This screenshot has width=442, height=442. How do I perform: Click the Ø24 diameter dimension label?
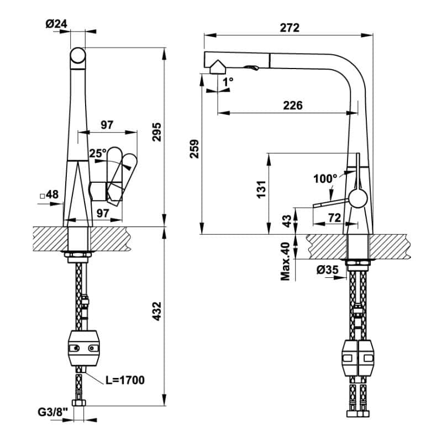(x=56, y=24)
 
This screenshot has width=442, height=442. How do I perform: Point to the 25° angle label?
(x=97, y=153)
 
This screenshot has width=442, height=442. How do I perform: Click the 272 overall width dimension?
(x=289, y=28)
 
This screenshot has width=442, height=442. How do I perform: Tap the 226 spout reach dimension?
(x=293, y=105)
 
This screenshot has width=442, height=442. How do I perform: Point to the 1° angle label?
(x=228, y=81)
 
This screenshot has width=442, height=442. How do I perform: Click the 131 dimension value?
(x=262, y=188)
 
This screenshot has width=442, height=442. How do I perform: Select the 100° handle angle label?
(x=325, y=178)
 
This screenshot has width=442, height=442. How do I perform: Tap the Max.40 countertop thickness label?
(x=286, y=260)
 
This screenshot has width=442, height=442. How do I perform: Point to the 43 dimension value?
(x=286, y=220)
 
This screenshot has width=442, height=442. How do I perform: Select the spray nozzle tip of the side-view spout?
(x=217, y=67)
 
